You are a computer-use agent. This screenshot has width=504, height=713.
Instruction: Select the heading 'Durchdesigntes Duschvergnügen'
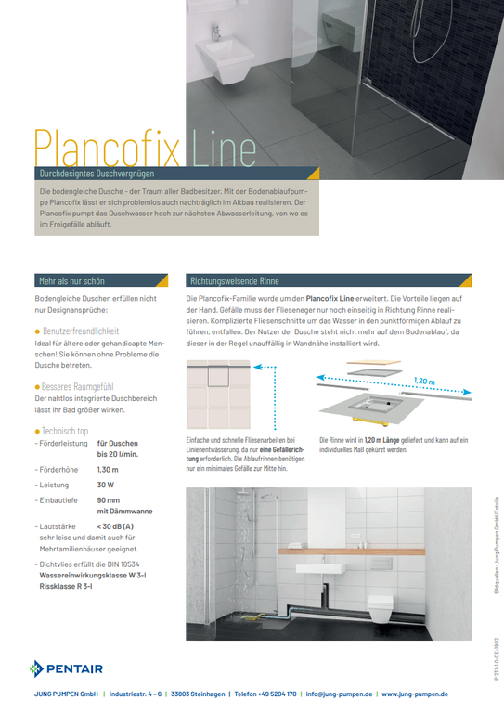[97, 174]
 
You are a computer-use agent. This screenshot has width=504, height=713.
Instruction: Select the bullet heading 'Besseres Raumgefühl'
[76, 385]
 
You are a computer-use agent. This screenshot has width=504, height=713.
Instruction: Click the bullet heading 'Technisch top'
[65, 431]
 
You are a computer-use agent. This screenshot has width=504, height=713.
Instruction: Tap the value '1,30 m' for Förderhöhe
[108, 470]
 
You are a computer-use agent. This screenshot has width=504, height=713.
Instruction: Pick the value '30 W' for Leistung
[106, 485]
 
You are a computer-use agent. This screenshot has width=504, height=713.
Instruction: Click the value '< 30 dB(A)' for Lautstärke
[115, 526]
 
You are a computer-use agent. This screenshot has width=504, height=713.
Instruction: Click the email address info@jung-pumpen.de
[340, 694]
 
